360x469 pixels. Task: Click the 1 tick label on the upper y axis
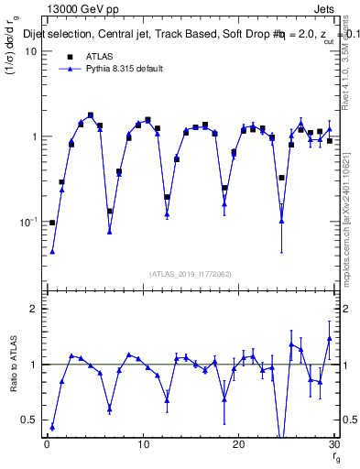tap(33, 136)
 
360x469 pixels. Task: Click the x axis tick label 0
tap(47, 444)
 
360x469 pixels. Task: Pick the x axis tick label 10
tap(142, 444)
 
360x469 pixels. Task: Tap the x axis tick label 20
tap(238, 444)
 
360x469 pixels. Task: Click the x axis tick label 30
tap(333, 444)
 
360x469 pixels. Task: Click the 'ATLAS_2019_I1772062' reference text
tap(190, 273)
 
